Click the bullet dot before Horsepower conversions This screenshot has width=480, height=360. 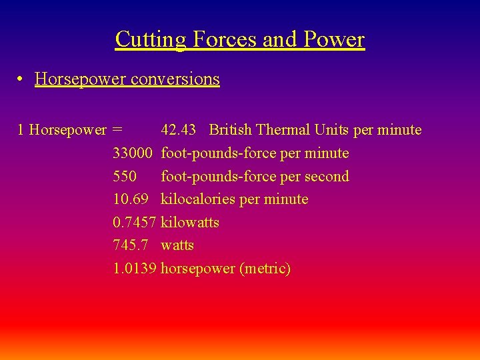point(22,79)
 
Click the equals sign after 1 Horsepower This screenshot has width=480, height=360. point(117,130)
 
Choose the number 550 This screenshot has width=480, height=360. point(125,177)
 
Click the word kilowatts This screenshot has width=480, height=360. point(190,223)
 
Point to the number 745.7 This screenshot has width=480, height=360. point(130,245)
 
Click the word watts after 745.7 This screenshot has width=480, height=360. point(177,245)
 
